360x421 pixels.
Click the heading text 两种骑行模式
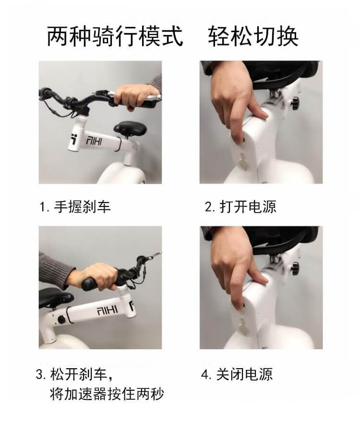pyautogui.click(x=115, y=36)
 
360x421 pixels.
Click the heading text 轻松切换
pyautogui.click(x=253, y=36)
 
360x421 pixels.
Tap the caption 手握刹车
pyautogui.click(x=83, y=207)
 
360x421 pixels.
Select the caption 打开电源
pyautogui.click(x=248, y=207)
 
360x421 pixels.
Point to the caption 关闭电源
pyautogui.click(x=244, y=374)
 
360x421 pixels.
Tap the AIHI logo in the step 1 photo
pyautogui.click(x=94, y=141)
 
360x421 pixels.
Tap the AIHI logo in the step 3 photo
pyautogui.click(x=107, y=311)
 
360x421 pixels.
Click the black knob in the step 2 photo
pyautogui.click(x=295, y=103)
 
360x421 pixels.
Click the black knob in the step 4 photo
pyautogui.click(x=295, y=268)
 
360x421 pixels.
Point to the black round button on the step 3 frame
pyautogui.click(x=61, y=320)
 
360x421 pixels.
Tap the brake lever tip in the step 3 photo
pyautogui.click(x=160, y=253)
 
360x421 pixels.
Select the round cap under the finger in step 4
pyautogui.click(x=244, y=327)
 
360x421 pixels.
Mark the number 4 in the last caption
pyautogui.click(x=205, y=374)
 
